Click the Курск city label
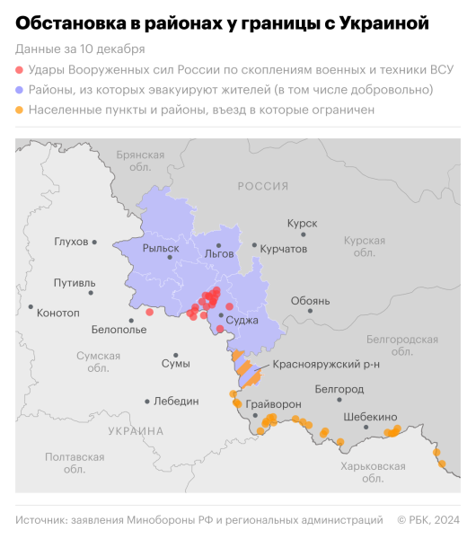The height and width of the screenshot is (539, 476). point(302,223)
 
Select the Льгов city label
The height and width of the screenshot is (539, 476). point(219,253)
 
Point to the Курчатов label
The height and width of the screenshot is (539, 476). point(283,248)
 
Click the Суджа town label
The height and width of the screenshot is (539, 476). point(242,320)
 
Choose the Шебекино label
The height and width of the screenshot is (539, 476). point(370,417)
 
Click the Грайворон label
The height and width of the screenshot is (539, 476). point(273,404)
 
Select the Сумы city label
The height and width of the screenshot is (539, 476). point(175,363)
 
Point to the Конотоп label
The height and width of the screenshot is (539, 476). point(59,312)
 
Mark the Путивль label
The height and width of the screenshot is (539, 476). point(75,283)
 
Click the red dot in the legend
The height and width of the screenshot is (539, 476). point(21,69)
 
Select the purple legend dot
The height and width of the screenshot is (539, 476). point(21,90)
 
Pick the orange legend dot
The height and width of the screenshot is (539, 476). point(21,110)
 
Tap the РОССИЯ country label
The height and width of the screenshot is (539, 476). point(262,185)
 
